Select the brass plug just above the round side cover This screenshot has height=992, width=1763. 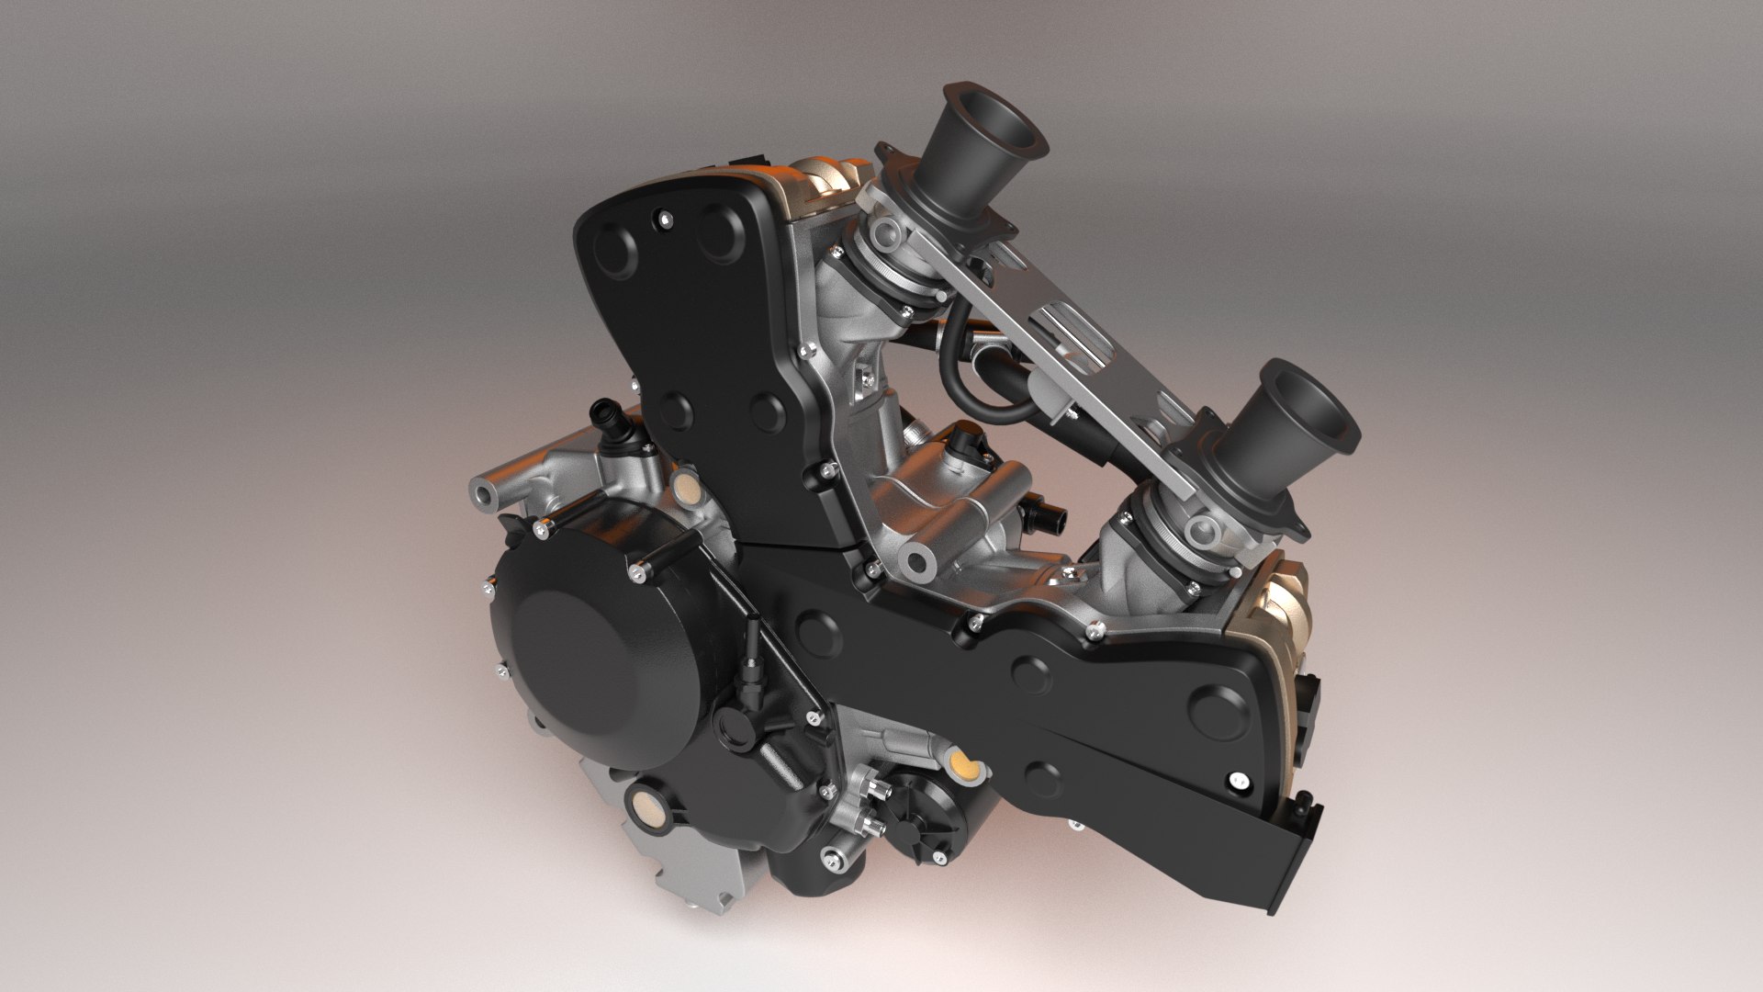coord(684,488)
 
